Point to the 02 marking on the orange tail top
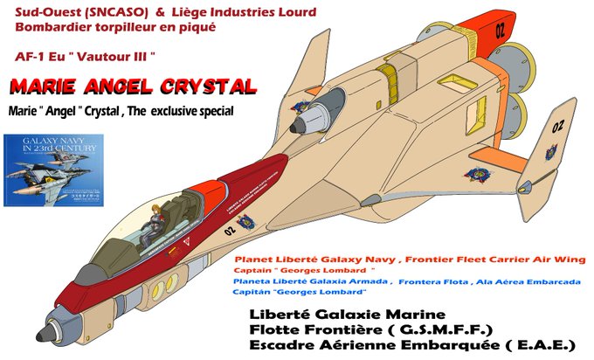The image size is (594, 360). (500, 29)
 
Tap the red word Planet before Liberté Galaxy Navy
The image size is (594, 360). (254, 260)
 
